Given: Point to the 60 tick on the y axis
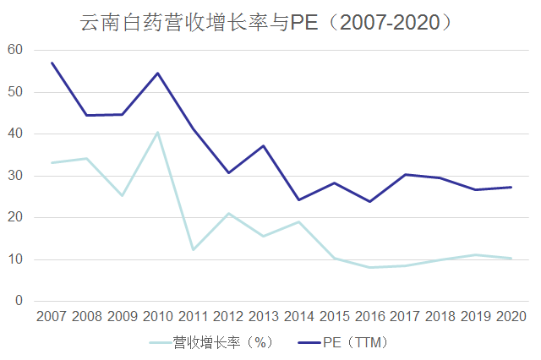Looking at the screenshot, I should click(x=14, y=50).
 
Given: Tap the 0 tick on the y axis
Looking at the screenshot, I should click(x=18, y=302).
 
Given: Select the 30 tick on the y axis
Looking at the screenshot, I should click(x=14, y=176).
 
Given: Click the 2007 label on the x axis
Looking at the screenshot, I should click(x=52, y=318).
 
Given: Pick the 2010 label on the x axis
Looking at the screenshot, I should click(x=157, y=318).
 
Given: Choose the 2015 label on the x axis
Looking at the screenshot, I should click(x=334, y=318).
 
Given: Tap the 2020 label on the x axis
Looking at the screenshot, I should click(x=510, y=318).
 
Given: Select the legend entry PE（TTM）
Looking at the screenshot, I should click(x=354, y=342).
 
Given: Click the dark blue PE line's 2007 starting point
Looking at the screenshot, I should click(x=52, y=63).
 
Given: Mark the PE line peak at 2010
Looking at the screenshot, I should click(x=157, y=73).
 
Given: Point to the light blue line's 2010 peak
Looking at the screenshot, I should click(x=157, y=132).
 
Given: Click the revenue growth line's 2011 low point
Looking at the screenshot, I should click(x=193, y=249).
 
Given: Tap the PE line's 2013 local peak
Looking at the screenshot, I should click(x=263, y=146).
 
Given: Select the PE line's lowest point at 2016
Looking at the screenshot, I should click(x=369, y=201).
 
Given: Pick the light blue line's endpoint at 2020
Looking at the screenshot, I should click(x=510, y=259).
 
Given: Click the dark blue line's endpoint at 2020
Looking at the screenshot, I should click(x=510, y=187).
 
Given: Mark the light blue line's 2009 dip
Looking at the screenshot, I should click(x=123, y=195).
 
